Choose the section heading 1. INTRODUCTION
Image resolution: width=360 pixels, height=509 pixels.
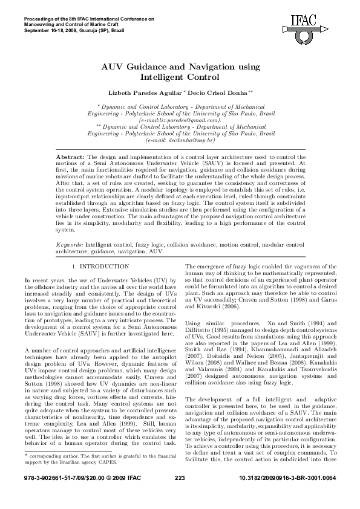coord(100,266)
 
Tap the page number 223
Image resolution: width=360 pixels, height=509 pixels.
coord(180,496)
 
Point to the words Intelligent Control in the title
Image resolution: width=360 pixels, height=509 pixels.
coord(179,77)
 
